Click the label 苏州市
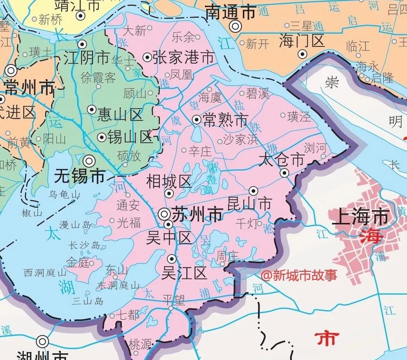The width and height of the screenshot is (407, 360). pyautogui.click(x=197, y=215)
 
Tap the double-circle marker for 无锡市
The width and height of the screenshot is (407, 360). pyautogui.click(x=90, y=160)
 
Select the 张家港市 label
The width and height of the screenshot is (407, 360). pyautogui.click(x=183, y=57)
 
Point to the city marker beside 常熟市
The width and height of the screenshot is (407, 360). pyautogui.click(x=196, y=119)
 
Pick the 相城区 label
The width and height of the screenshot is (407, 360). pyautogui.click(x=169, y=182)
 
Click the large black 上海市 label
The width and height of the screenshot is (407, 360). pyautogui.click(x=360, y=217)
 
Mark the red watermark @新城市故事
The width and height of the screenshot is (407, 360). pyautogui.click(x=298, y=274)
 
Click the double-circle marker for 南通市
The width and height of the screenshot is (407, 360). pyautogui.click(x=235, y=27)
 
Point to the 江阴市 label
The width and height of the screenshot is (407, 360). pyautogui.click(x=86, y=58)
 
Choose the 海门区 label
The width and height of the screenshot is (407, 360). pyautogui.click(x=301, y=41)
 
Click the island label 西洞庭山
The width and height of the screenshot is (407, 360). pyautogui.click(x=45, y=272)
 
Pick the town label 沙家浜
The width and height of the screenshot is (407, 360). pyautogui.click(x=241, y=140)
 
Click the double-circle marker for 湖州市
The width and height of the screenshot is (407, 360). pyautogui.click(x=43, y=341)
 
